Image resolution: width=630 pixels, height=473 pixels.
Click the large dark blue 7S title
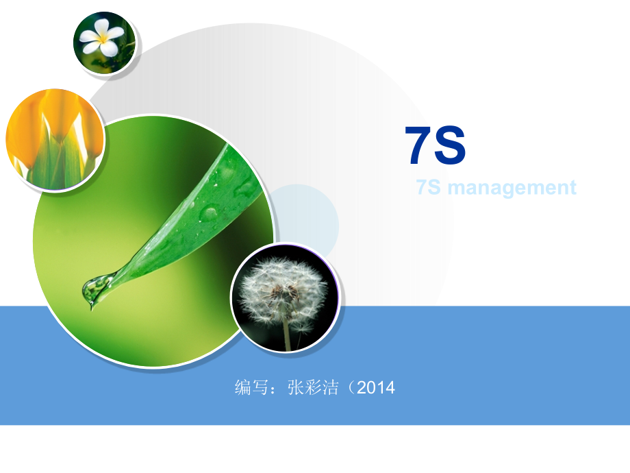pyautogui.click(x=436, y=146)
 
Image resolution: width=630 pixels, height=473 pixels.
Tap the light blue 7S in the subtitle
pyautogui.click(x=429, y=187)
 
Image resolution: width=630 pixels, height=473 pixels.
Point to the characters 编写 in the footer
pyautogui.click(x=251, y=387)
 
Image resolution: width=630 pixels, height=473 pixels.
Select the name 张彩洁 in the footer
pyautogui.click(x=313, y=387)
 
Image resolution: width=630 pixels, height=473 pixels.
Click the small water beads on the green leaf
pyautogui.click(x=208, y=212)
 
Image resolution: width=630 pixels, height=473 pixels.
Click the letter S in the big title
pyautogui.click(x=451, y=146)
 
